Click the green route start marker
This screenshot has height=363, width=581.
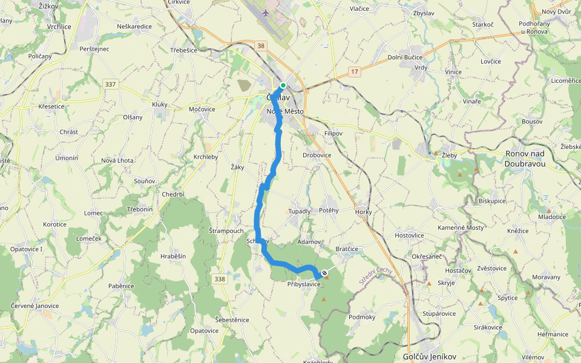(283, 85)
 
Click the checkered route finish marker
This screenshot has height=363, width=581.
(324, 272)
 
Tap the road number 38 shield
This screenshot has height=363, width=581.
(261, 45)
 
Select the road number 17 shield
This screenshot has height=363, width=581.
(355, 72)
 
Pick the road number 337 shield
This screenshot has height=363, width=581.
(111, 83)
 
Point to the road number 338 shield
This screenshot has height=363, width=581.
(220, 279)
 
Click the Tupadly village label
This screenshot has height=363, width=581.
(299, 211)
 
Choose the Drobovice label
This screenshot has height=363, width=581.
(317, 155)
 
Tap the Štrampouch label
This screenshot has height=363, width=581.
(226, 231)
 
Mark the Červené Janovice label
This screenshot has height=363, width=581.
(35, 306)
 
